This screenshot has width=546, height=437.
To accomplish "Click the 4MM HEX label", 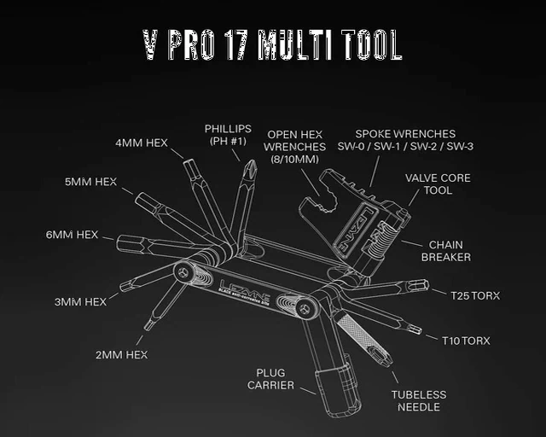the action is (x=142, y=143).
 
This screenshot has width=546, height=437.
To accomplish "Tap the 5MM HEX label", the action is (x=91, y=182).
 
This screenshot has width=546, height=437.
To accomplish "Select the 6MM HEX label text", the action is (x=72, y=235).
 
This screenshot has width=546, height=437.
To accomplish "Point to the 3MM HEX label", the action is (x=80, y=302).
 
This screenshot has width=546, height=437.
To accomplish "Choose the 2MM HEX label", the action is (x=121, y=355).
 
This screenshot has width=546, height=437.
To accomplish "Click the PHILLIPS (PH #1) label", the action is (x=228, y=135).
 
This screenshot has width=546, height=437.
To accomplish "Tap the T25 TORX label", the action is (x=475, y=296).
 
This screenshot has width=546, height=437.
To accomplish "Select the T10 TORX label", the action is (x=466, y=341).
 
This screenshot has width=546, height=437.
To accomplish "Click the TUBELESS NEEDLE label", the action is (x=419, y=401).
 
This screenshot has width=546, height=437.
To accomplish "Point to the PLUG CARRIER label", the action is (x=270, y=379).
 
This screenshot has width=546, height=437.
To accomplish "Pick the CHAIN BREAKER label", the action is (x=445, y=251).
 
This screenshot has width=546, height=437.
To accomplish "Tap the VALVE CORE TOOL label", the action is (x=438, y=184).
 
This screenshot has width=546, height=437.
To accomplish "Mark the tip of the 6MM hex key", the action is (x=118, y=243).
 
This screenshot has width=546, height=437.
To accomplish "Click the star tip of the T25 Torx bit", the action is (x=427, y=285).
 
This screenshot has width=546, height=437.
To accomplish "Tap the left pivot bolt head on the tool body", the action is (x=183, y=273).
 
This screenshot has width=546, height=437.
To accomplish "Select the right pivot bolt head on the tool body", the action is (x=305, y=308).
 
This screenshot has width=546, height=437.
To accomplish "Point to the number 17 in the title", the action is (x=235, y=44).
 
